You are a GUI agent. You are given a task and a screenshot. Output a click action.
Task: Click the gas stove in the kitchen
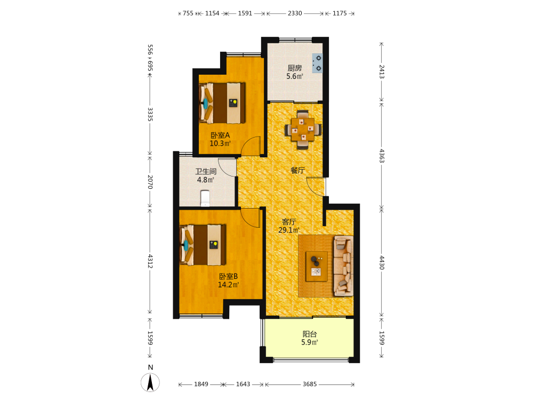point(318,63)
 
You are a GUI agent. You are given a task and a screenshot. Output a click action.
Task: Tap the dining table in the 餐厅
point(303,129)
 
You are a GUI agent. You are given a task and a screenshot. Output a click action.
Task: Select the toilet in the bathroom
point(205,198)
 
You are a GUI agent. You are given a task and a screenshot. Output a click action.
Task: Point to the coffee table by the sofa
point(317,266)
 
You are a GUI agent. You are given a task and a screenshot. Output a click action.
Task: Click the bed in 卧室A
point(222,103)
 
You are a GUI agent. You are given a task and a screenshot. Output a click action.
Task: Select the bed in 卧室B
point(203,245)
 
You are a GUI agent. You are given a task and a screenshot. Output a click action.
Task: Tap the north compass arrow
point(150,382)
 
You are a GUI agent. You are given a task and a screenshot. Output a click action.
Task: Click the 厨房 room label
point(295,68)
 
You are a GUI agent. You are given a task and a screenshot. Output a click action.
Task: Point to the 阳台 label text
point(310,334)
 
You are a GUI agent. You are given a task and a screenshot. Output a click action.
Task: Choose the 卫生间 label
point(206,171)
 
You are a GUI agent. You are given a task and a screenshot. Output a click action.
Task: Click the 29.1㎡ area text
point(289,230)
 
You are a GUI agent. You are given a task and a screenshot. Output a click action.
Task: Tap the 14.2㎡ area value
point(228,285)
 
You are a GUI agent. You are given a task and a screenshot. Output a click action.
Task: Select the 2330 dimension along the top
point(295,13)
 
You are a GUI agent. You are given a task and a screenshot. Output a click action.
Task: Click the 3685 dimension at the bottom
point(310,384)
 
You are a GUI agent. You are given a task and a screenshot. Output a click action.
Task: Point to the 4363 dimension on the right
point(382,155)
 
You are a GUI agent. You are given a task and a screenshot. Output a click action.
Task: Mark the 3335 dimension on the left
point(150,114)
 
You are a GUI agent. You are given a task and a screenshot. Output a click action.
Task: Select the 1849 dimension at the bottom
point(201,384)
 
